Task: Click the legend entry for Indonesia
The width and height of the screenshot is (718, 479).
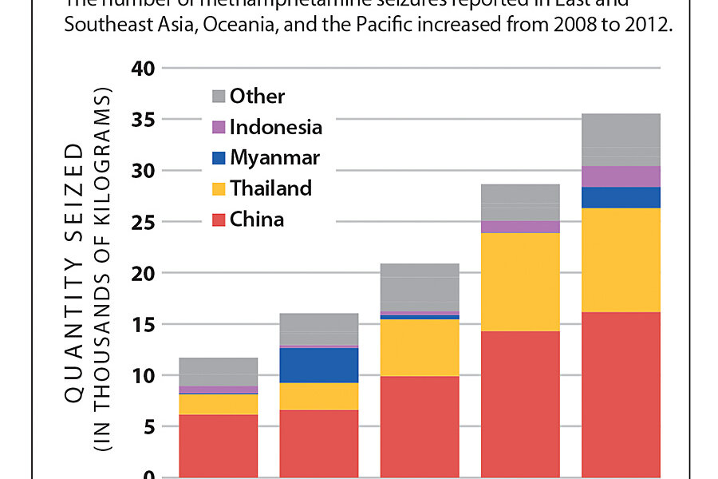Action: (276, 127)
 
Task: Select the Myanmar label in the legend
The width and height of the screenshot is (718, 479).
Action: (274, 158)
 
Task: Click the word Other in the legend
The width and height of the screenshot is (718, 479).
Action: (257, 97)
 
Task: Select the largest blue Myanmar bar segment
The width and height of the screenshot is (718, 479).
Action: (319, 365)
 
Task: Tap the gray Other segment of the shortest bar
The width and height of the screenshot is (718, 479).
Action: (218, 372)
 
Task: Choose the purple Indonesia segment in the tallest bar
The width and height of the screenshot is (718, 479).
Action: (621, 176)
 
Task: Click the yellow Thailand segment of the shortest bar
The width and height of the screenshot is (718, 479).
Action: (218, 404)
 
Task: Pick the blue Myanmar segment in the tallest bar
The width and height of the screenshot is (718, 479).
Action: (621, 197)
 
